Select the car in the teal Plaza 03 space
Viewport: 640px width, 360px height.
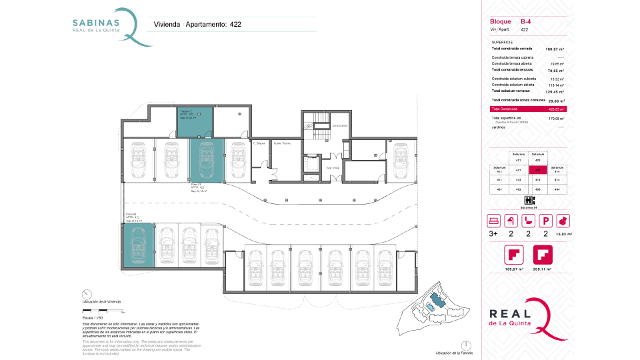click(203, 159)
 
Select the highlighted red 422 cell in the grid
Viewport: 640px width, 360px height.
click(538, 169)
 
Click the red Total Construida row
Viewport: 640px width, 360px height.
click(527, 109)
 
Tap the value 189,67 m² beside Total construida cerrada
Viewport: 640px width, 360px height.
click(555, 49)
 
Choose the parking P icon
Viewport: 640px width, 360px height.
click(545, 221)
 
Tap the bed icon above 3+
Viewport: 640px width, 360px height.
click(493, 221)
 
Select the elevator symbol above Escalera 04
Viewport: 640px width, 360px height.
click(529, 200)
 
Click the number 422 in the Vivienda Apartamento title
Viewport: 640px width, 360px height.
click(235, 25)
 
